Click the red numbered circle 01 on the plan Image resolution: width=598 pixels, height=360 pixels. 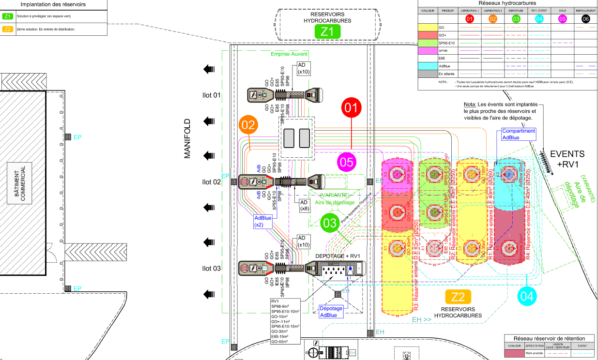[352, 108]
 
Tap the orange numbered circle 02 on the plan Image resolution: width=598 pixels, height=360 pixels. [248, 125]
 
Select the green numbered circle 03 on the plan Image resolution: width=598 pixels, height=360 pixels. [331, 224]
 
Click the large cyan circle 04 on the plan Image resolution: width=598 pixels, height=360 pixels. [528, 295]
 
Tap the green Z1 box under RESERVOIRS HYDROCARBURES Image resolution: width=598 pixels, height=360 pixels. [327, 32]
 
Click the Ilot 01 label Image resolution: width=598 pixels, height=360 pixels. [211, 95]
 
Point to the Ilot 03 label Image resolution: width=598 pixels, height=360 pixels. [211, 268]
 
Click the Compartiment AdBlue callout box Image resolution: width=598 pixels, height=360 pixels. [518, 134]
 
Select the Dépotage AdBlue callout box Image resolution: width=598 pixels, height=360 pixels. [331, 312]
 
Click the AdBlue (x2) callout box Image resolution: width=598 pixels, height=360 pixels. [263, 221]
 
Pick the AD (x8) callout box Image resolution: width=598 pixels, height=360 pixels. [305, 205]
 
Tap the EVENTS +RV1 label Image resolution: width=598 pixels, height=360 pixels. [567, 159]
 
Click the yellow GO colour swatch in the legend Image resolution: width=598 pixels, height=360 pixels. [427, 28]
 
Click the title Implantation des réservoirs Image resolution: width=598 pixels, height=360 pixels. [54, 4]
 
